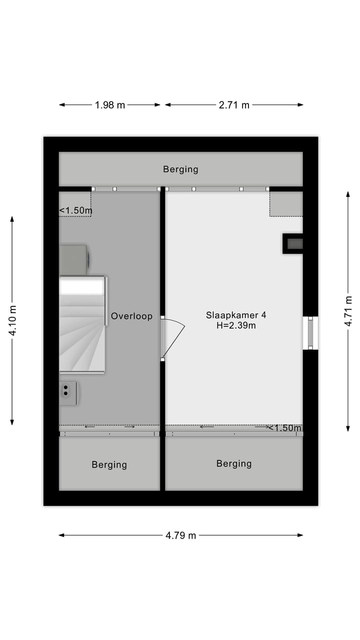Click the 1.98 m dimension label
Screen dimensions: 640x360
(110, 105)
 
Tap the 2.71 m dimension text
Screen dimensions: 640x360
(234, 105)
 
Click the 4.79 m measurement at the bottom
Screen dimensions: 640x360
(181, 535)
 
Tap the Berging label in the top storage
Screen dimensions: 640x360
(180, 169)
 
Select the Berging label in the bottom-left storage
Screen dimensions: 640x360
(109, 465)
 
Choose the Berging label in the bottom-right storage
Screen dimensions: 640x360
(233, 464)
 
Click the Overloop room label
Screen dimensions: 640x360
(131, 316)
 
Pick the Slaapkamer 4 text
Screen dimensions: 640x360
(236, 315)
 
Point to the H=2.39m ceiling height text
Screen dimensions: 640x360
(236, 326)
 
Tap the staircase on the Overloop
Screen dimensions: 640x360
(82, 325)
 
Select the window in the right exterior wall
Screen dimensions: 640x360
(310, 333)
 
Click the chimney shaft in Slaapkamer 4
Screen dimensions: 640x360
(293, 244)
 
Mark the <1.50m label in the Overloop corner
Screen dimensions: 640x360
(75, 211)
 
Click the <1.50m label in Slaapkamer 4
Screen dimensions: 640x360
(284, 428)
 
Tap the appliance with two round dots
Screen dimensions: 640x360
(69, 392)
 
